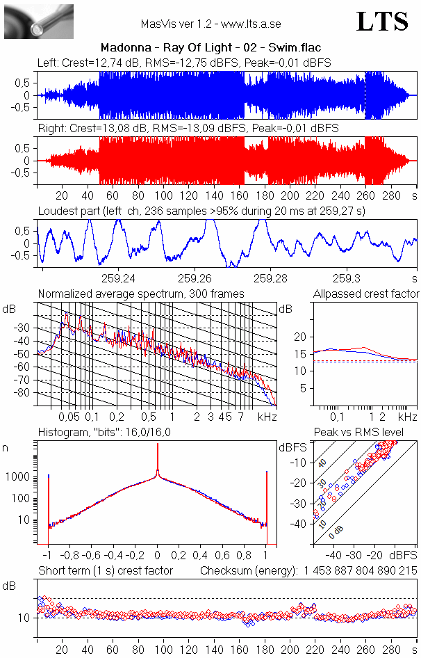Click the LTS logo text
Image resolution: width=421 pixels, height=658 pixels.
pos(382,22)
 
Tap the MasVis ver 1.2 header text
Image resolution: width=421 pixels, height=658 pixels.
pos(210,24)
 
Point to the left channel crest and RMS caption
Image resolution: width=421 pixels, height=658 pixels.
pos(184,63)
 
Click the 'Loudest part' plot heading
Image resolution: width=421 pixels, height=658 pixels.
pos(201,210)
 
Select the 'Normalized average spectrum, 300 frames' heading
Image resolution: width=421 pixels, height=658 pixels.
pos(141,294)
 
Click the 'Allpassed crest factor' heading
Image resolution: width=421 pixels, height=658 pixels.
pos(366,294)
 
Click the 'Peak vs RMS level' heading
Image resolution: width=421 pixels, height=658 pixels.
pos(368,433)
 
